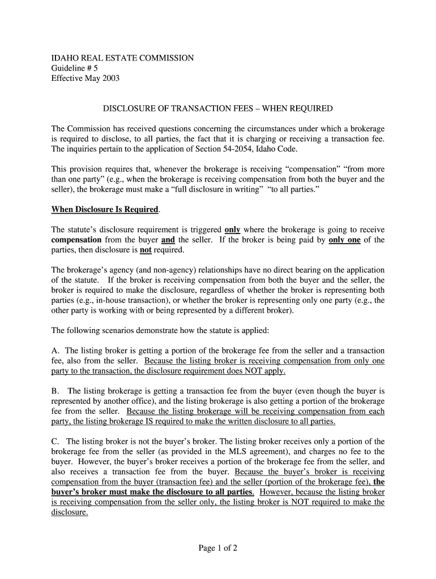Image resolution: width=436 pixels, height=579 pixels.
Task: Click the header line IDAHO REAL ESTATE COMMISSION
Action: pos(122,58)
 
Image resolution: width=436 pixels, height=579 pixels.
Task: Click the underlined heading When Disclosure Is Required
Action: pos(105,209)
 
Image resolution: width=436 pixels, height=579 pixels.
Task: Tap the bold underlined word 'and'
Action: pos(168,240)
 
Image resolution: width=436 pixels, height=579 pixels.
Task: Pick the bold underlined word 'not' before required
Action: pos(146,250)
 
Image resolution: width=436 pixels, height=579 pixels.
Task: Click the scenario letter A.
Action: pos(55,351)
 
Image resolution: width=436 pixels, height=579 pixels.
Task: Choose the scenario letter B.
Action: pos(55,391)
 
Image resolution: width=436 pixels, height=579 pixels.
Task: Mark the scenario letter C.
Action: pos(55,441)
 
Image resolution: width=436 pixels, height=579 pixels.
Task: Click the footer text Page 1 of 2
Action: pos(218,548)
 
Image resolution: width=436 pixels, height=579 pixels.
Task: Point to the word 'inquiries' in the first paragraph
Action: pos(84,149)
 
